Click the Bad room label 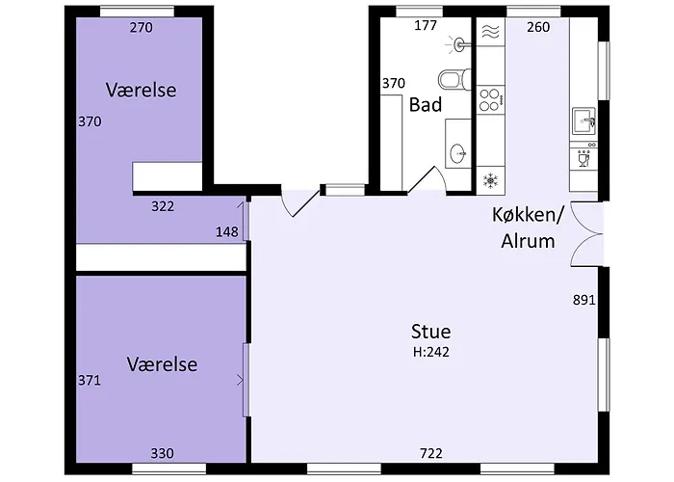pyautogui.click(x=426, y=104)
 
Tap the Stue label pyautogui.click(x=430, y=332)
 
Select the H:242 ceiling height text pyautogui.click(x=431, y=352)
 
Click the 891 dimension pyautogui.click(x=583, y=300)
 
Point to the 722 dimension pyautogui.click(x=430, y=453)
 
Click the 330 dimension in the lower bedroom pyautogui.click(x=162, y=453)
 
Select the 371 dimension pyautogui.click(x=90, y=381)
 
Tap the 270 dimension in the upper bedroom pyautogui.click(x=142, y=28)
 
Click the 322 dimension pyautogui.click(x=163, y=206)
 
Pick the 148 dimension pyautogui.click(x=227, y=232)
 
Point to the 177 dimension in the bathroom pyautogui.click(x=426, y=26)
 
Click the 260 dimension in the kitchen pyautogui.click(x=538, y=27)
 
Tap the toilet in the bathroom pyautogui.click(x=454, y=80)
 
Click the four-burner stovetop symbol pyautogui.click(x=490, y=100)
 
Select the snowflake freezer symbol pyautogui.click(x=490, y=180)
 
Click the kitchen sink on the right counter pyautogui.click(x=583, y=120)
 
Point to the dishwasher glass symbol pyautogui.click(x=583, y=159)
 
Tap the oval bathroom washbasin pyautogui.click(x=458, y=152)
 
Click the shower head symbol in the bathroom pyautogui.click(x=457, y=44)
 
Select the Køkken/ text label pyautogui.click(x=528, y=215)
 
